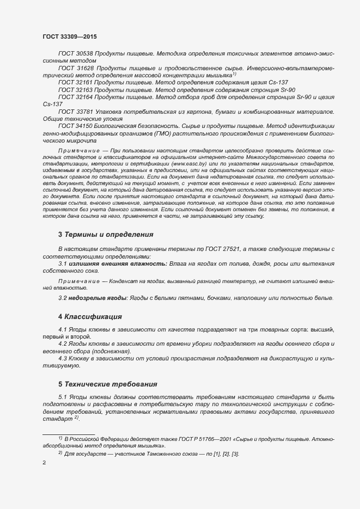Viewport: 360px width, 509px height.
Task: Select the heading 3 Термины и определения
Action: [105, 235]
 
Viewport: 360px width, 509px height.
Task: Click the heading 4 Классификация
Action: [89, 316]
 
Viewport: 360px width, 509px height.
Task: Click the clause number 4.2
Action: [63, 345]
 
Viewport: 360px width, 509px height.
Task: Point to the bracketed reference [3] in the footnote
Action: [235, 453]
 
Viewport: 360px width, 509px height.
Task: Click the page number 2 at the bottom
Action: [44, 463]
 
